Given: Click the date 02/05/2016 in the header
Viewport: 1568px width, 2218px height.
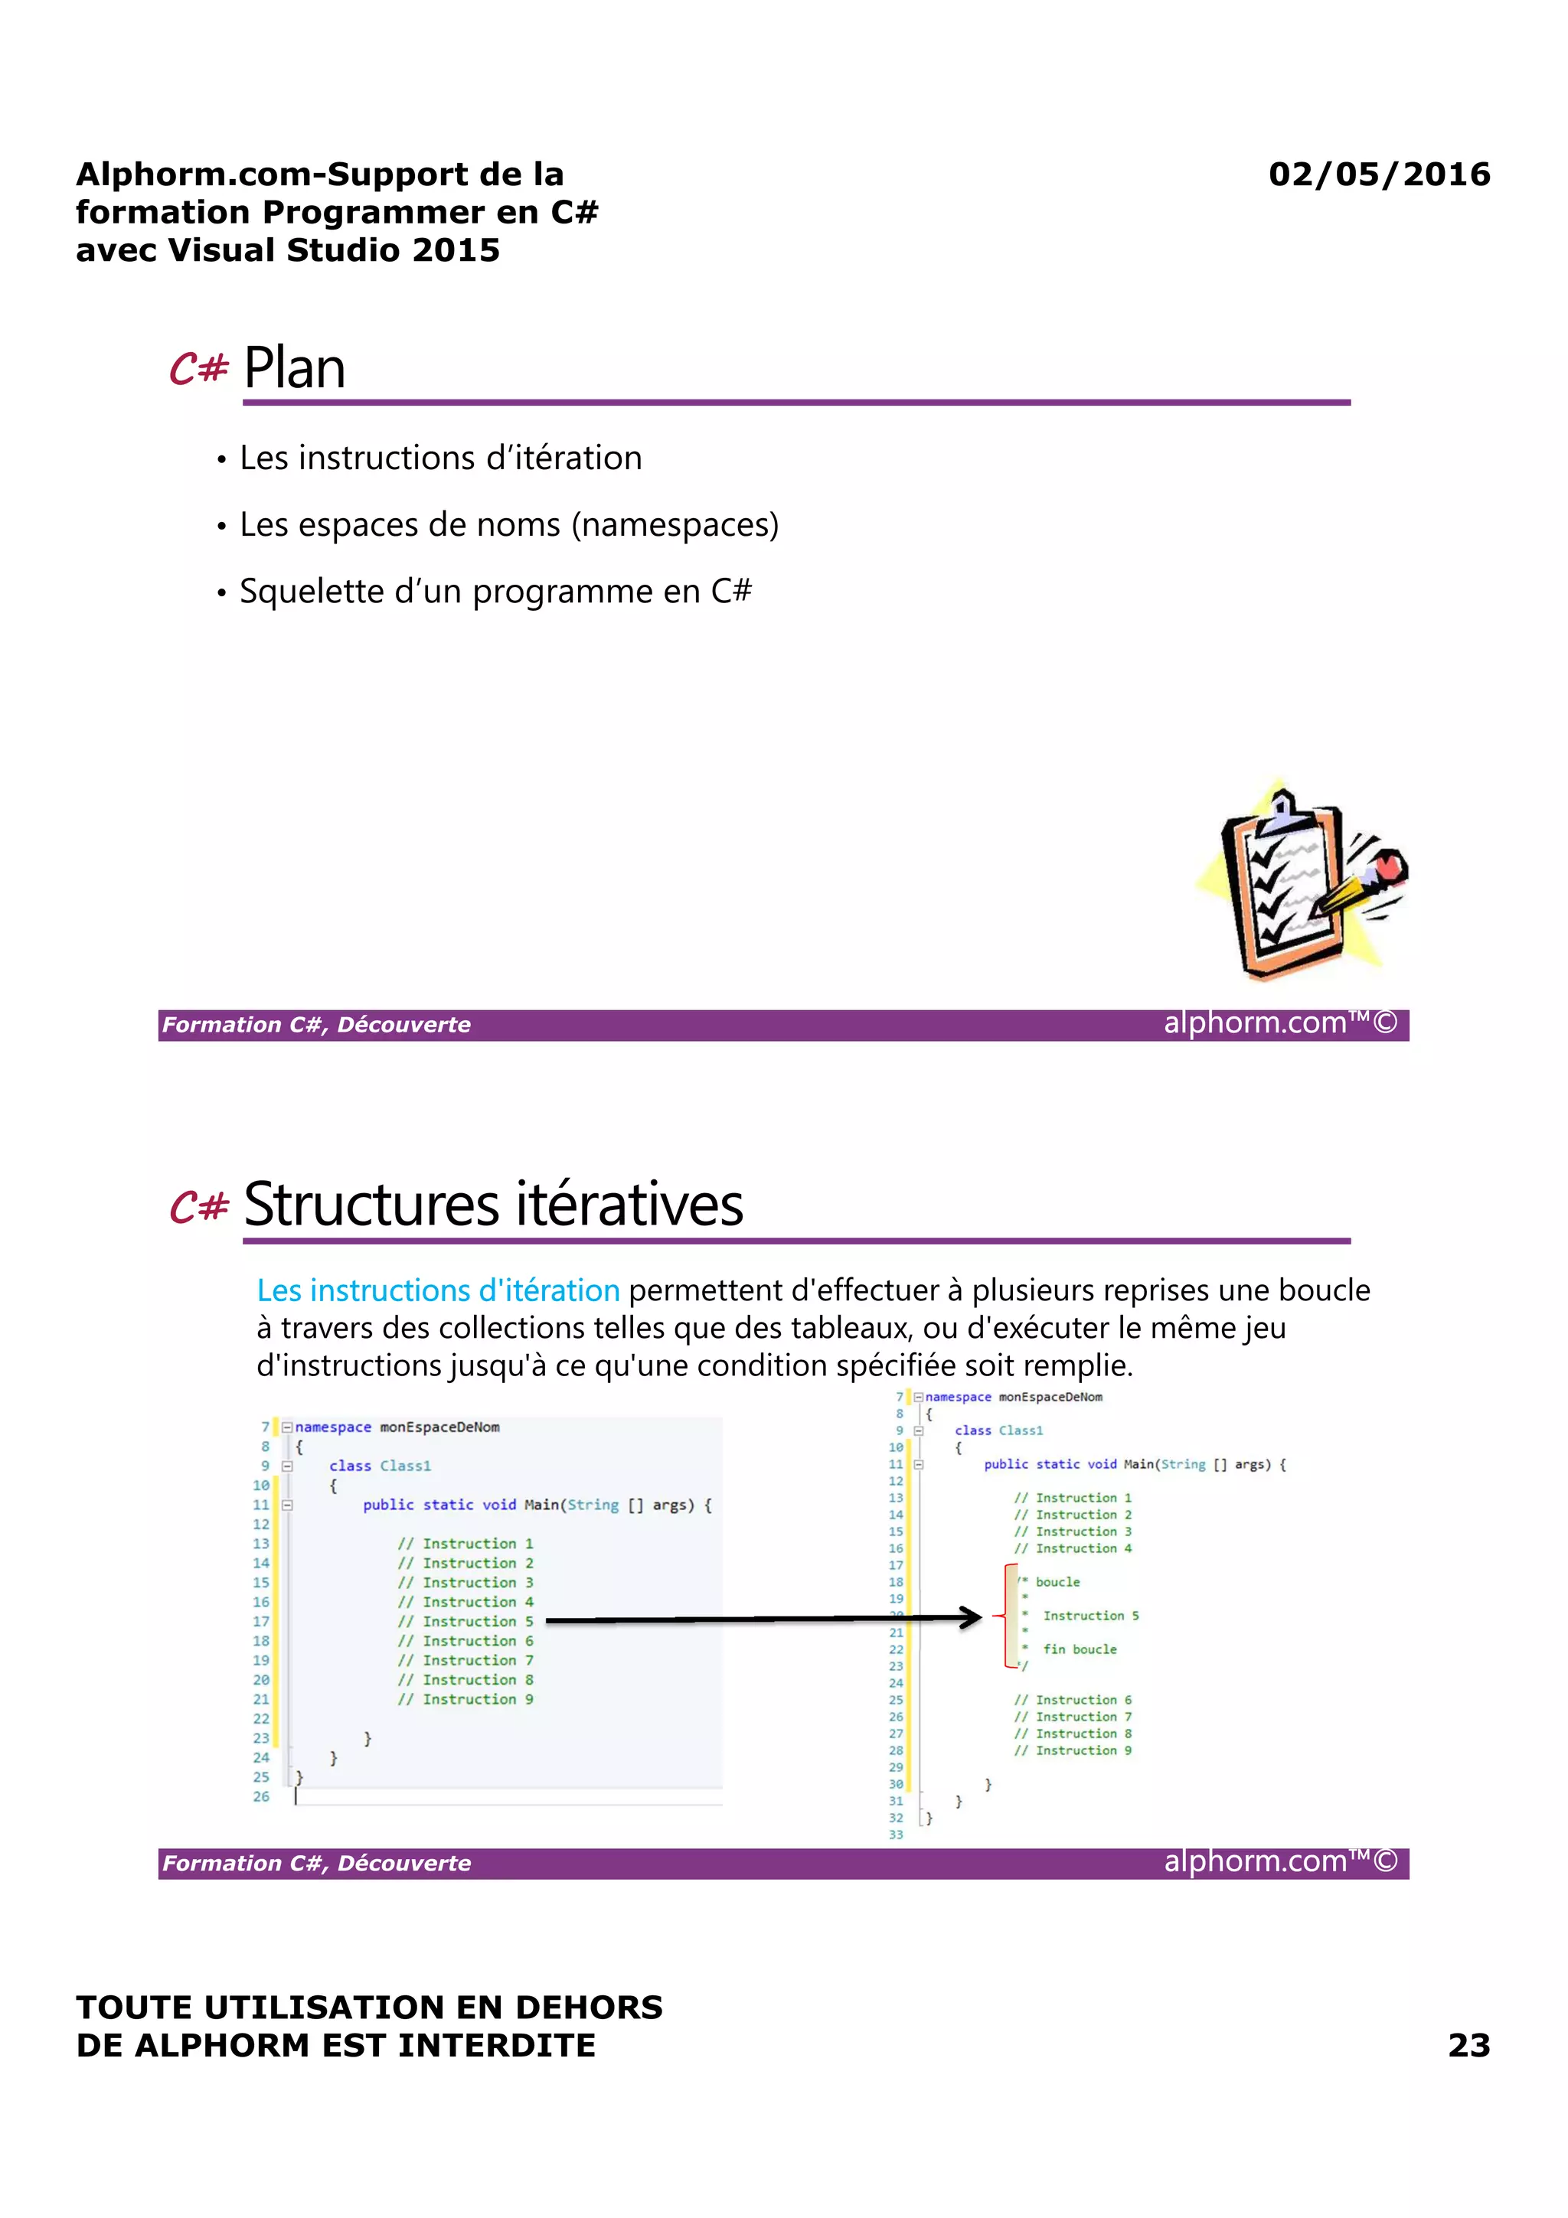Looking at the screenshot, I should pyautogui.click(x=1379, y=174).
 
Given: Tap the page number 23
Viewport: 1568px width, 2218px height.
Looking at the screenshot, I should pyautogui.click(x=1468, y=2044).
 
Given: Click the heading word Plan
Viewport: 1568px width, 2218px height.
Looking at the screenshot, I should pyautogui.click(x=294, y=368).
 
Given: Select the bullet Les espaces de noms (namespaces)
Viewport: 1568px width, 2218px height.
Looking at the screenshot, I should pyautogui.click(x=508, y=524).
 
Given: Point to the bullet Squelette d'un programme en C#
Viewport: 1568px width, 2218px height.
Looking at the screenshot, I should pyautogui.click(x=495, y=591).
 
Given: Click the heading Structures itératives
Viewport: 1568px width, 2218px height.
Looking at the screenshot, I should pyautogui.click(x=493, y=1205).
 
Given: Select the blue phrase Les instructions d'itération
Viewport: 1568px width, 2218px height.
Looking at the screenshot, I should pyautogui.click(x=438, y=1290).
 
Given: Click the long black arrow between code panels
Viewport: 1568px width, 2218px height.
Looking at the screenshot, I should pyautogui.click(x=763, y=1618).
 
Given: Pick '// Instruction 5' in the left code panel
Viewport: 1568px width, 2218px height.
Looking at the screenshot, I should pyautogui.click(x=465, y=1621).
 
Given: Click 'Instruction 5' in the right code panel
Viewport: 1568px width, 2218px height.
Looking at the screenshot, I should pyautogui.click(x=1089, y=1615).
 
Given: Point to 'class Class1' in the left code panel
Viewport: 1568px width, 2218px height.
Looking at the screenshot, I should pyautogui.click(x=380, y=1466).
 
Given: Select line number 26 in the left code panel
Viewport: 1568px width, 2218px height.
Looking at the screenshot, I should pyautogui.click(x=261, y=1796).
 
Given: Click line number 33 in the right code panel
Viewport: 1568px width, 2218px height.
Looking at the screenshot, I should pyautogui.click(x=896, y=1834).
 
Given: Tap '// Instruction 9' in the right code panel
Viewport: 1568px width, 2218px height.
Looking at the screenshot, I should pyautogui.click(x=1073, y=1750).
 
